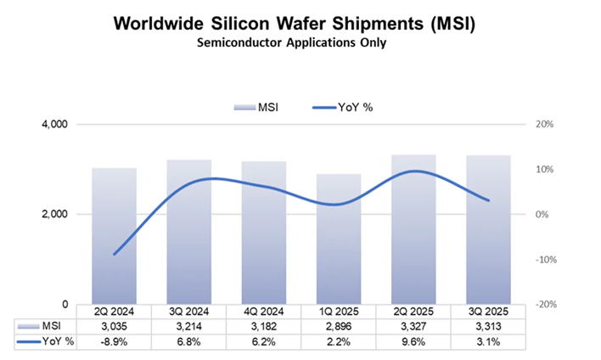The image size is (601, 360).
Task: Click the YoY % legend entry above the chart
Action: [343, 108]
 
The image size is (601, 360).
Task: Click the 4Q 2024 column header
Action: [264, 312]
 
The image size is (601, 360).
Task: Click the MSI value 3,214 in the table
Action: [188, 326]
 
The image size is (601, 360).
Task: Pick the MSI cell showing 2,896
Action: [339, 326]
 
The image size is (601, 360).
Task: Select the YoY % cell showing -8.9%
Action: [114, 341]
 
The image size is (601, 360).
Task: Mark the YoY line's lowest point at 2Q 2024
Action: [114, 254]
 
